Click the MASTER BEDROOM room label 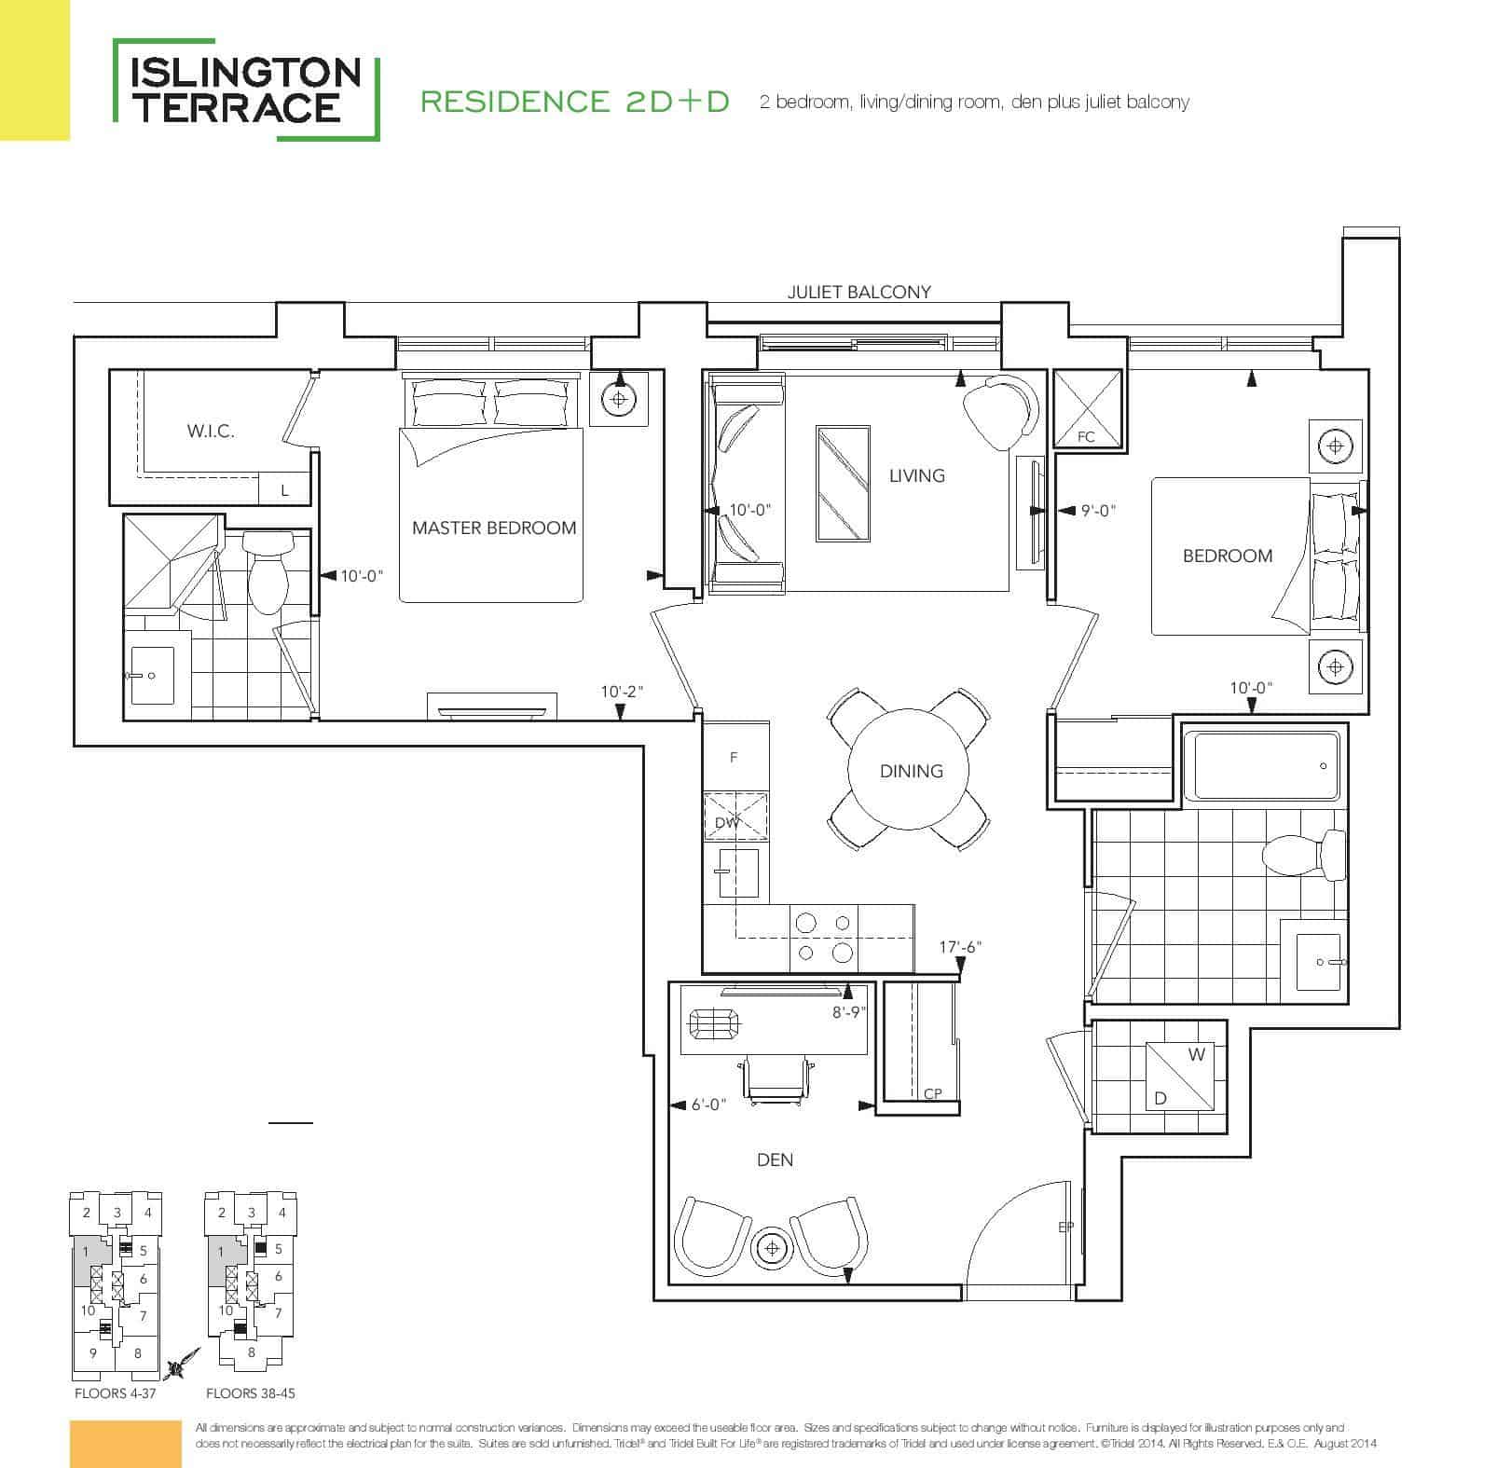click(494, 528)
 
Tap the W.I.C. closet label click(211, 432)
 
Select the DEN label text click(776, 1159)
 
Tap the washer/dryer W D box click(1179, 1076)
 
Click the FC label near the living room click(1086, 436)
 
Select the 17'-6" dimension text click(960, 947)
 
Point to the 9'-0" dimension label click(1098, 511)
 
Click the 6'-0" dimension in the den click(708, 1104)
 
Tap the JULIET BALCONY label click(859, 292)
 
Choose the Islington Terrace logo click(246, 89)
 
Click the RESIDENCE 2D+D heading click(575, 102)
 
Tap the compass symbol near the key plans click(182, 1363)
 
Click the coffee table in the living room click(843, 484)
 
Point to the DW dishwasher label click(727, 823)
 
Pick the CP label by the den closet click(932, 1094)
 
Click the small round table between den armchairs click(772, 1248)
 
